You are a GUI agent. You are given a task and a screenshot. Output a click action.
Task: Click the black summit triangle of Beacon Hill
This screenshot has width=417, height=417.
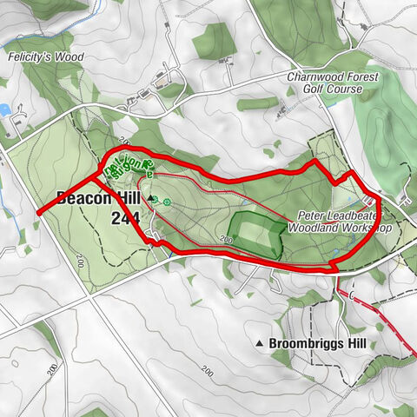[x=154, y=199]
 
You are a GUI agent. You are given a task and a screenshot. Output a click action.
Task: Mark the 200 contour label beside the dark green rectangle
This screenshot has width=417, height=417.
[x=228, y=239]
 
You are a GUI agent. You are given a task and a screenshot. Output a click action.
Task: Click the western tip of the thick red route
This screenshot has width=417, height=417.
[x=38, y=212]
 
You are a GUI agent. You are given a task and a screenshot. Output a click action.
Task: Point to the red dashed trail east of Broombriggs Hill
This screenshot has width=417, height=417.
[x=382, y=321]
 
